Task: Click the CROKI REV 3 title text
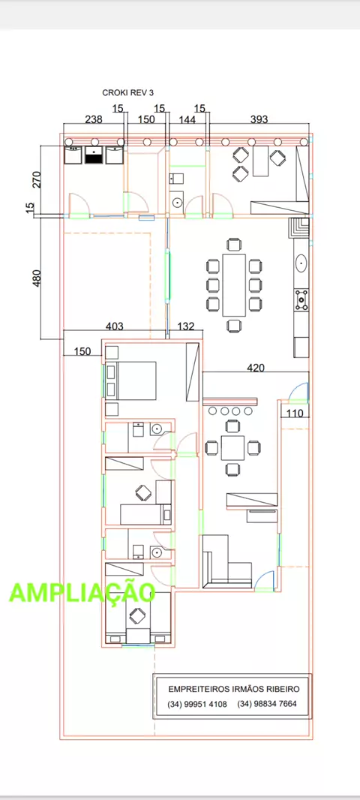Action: (x=128, y=92)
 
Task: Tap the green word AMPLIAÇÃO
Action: (x=82, y=592)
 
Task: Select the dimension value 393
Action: (x=259, y=119)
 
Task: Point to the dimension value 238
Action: (x=93, y=119)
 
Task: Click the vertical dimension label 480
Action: (x=37, y=278)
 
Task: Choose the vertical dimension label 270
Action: (x=37, y=179)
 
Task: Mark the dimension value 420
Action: (x=256, y=367)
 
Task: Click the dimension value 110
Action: (x=295, y=413)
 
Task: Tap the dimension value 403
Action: (x=114, y=326)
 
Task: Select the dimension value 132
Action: (x=186, y=326)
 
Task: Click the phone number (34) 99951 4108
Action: (x=197, y=705)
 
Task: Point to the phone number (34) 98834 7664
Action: (x=267, y=705)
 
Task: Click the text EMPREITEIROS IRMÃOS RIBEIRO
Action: (x=234, y=689)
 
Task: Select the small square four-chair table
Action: (x=233, y=447)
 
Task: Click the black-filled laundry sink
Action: (x=94, y=155)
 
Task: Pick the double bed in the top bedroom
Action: (x=130, y=380)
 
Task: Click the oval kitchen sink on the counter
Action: (x=301, y=263)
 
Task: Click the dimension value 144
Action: (x=187, y=119)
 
